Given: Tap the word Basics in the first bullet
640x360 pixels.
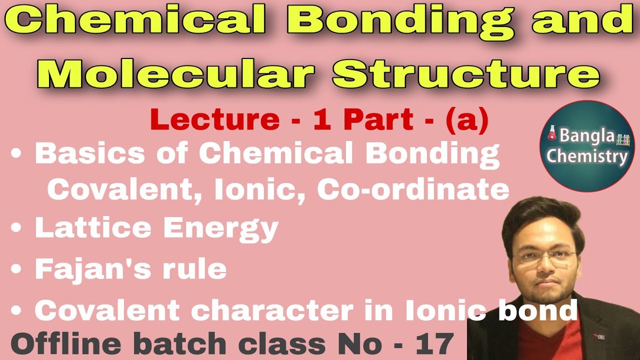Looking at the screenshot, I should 82,154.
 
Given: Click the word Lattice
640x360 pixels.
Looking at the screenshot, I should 92,227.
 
